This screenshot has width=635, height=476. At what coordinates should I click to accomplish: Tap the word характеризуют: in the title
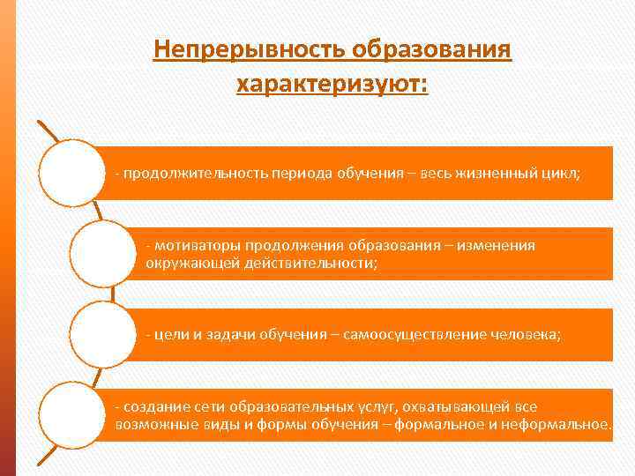click(332, 85)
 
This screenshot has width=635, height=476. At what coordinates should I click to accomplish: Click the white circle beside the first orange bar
click(72, 173)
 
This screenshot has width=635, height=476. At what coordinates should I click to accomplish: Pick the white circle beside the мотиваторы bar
click(101, 254)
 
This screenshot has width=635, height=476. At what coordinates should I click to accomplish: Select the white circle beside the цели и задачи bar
click(101, 335)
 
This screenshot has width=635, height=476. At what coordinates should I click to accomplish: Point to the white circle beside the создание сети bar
click(72, 416)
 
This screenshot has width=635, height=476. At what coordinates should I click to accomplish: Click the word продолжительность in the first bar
click(183, 174)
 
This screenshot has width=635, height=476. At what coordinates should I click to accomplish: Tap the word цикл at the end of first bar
click(562, 174)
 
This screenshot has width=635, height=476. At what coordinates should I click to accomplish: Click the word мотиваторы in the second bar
click(198, 246)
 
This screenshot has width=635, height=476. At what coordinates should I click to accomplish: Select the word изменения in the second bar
click(497, 246)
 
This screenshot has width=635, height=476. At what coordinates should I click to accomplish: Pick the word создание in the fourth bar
click(153, 407)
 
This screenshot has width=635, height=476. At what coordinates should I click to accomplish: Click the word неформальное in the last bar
click(564, 425)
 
